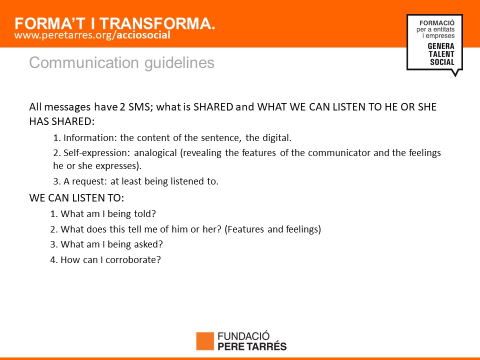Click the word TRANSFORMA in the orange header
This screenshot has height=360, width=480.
point(157,23)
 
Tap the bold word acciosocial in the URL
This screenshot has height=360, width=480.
point(143,35)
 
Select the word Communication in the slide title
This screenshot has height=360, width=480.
point(84,63)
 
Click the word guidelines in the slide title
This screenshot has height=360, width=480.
point(179,63)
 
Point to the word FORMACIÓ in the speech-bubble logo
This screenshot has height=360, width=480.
point(437,23)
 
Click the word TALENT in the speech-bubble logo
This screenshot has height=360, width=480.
point(441,54)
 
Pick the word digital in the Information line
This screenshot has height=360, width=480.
point(276,138)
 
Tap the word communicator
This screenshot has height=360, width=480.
point(339,153)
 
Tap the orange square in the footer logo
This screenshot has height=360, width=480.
point(205,341)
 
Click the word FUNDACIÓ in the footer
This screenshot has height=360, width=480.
point(243,336)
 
